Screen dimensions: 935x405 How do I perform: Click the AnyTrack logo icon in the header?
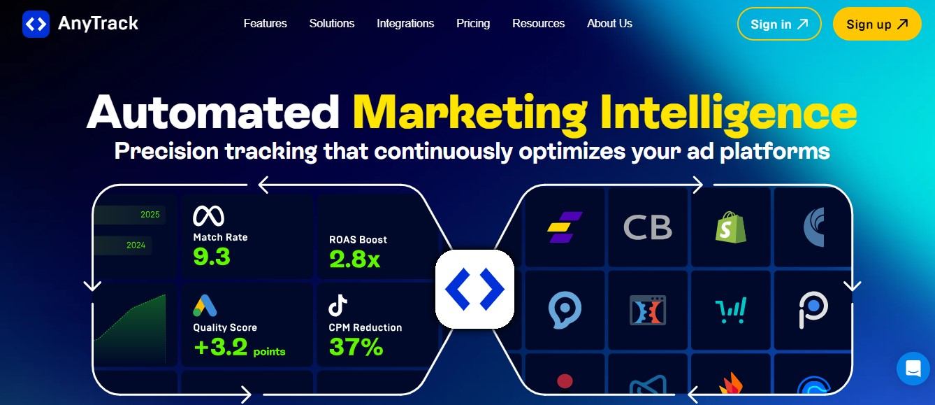pyautogui.click(x=36, y=24)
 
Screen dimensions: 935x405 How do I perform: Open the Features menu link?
pyautogui.click(x=265, y=23)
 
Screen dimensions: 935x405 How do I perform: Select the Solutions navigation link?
pyautogui.click(x=332, y=23)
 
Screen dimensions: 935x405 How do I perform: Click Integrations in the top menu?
pyautogui.click(x=405, y=23)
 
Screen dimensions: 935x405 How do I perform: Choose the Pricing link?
pyautogui.click(x=473, y=23)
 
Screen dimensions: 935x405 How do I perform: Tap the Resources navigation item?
pyautogui.click(x=539, y=23)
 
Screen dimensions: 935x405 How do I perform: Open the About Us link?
pyautogui.click(x=609, y=23)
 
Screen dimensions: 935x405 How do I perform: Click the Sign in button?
pyautogui.click(x=779, y=24)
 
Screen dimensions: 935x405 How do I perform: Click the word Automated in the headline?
pyautogui.click(x=213, y=112)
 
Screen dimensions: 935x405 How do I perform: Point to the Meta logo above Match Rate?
pyautogui.click(x=208, y=216)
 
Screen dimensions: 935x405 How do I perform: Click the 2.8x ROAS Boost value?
pyautogui.click(x=354, y=259)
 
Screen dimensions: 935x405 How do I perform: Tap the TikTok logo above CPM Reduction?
pyautogui.click(x=338, y=305)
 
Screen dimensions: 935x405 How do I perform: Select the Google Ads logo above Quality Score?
pyautogui.click(x=205, y=306)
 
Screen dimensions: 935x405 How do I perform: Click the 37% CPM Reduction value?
pyautogui.click(x=356, y=347)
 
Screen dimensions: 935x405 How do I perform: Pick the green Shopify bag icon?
pyautogui.click(x=730, y=227)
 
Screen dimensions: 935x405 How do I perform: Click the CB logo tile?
pyautogui.click(x=648, y=227)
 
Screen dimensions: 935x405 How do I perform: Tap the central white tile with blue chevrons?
pyautogui.click(x=474, y=289)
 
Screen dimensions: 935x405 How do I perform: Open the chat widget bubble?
pyautogui.click(x=913, y=369)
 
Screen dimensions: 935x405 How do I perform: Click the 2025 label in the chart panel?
pyautogui.click(x=150, y=215)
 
